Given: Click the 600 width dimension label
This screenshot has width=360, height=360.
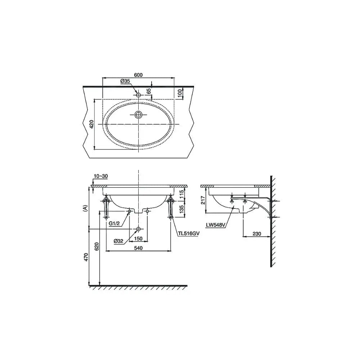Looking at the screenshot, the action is tap(139, 75).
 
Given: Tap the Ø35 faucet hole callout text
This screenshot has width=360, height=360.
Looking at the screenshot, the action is tap(125, 81).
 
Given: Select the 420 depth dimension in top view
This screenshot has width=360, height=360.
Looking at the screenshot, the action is tap(91, 124).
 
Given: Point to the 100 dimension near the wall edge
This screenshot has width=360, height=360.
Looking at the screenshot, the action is tap(180, 93).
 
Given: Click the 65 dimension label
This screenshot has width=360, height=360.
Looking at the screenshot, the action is tap(149, 91).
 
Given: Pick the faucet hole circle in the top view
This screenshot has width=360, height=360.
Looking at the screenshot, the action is tap(138, 95).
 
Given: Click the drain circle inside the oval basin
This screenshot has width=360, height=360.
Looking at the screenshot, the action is tap(138, 114).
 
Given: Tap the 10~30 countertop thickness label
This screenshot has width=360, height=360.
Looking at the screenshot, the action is tap(100, 176).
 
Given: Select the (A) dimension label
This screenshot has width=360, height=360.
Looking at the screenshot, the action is tap(85, 208).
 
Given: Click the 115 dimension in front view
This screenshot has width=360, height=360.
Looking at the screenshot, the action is tap(181, 194).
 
